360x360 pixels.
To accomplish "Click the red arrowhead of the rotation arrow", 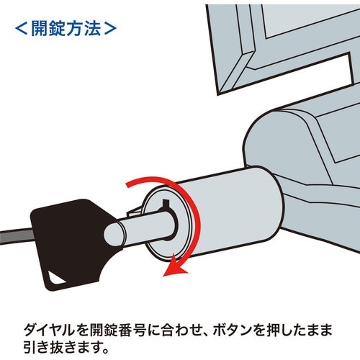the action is (174, 268).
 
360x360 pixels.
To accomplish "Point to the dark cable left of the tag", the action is (17, 237).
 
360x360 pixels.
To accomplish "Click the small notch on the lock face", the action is (166, 203).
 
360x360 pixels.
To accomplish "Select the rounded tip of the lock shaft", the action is (114, 235).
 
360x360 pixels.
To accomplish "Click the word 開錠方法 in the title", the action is (66, 29).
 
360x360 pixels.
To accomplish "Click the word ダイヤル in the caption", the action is (48, 330).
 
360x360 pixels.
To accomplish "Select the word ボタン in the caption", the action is (234, 330).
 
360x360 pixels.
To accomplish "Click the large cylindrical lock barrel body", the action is (230, 211).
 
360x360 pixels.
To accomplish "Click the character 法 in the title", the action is (92, 29).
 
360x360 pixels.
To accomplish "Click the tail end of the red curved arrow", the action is (128, 184).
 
